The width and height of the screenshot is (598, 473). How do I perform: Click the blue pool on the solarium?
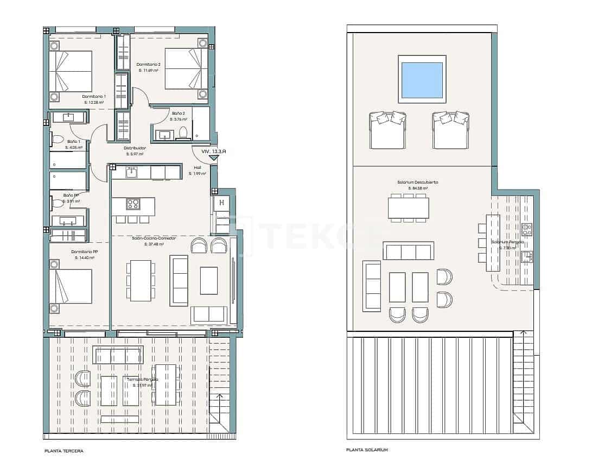(422, 79)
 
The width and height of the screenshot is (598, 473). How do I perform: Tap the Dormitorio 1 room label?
(94, 96)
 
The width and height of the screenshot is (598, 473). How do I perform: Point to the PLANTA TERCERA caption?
(64, 451)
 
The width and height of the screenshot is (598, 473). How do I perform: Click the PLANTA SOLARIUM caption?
(367, 450)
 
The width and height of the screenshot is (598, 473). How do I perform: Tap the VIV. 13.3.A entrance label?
(213, 152)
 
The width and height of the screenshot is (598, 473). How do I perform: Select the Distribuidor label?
(135, 148)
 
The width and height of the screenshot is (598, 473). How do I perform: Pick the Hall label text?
(198, 168)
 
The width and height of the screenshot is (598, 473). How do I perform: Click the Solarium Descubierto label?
(417, 182)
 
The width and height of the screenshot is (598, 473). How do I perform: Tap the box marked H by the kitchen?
(221, 203)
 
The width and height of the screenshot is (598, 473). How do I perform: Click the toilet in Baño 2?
(183, 133)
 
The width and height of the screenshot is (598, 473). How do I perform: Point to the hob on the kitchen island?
(133, 204)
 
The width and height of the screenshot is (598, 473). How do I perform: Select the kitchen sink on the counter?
(131, 172)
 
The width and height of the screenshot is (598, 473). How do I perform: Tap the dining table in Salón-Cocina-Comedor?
(141, 280)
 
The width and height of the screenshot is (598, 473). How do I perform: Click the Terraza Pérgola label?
(139, 379)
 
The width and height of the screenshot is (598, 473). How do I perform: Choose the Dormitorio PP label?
(84, 252)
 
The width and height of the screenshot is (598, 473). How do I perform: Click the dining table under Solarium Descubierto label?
(408, 207)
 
